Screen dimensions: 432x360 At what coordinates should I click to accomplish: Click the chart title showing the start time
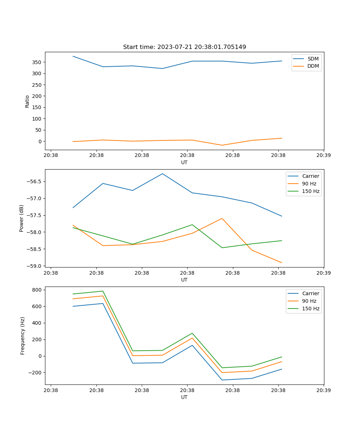click(x=184, y=47)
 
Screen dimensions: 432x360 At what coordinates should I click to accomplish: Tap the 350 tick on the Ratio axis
click(x=37, y=62)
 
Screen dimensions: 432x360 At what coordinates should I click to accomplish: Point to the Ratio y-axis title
click(x=27, y=102)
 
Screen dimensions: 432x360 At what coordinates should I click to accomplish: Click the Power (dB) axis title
click(x=22, y=218)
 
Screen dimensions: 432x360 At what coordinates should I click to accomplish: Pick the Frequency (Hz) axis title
click(x=23, y=336)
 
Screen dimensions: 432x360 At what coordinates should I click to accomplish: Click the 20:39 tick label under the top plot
click(x=324, y=156)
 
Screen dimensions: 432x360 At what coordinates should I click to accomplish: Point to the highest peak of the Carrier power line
click(x=162, y=174)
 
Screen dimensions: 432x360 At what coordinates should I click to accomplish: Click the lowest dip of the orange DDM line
click(x=222, y=145)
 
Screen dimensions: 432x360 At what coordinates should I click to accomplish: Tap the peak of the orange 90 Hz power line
click(x=222, y=218)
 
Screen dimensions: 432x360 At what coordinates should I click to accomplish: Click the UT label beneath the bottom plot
click(x=184, y=397)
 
